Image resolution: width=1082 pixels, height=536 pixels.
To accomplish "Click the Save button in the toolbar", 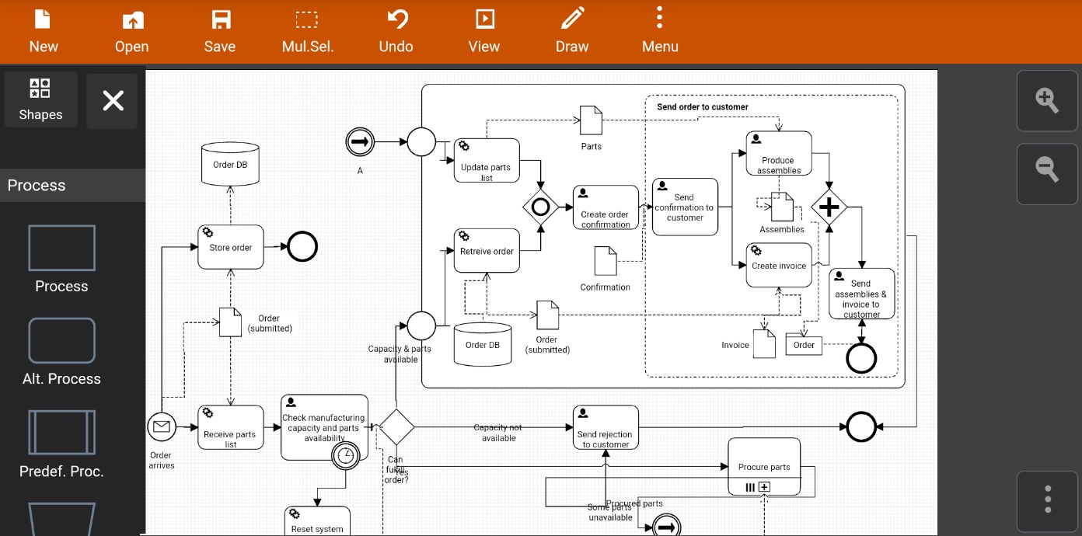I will point(220,31).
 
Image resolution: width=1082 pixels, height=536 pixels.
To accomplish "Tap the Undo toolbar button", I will point(396,31).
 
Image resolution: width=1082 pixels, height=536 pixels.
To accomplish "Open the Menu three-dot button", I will point(660,31).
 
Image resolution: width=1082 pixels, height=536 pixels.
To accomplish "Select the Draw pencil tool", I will point(572,31).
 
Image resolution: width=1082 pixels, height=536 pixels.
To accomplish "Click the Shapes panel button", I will point(40,99).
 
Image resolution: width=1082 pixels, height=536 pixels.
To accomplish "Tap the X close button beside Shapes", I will point(113,101).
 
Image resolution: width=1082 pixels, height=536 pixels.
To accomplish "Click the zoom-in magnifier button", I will point(1047,100).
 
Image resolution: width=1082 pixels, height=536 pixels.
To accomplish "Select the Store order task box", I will point(231,247).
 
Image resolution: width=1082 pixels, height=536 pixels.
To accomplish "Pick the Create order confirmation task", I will point(606,207).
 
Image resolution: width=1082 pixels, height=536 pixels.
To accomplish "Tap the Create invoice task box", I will point(779,265).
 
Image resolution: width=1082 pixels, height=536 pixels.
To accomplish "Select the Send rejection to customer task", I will point(606,427).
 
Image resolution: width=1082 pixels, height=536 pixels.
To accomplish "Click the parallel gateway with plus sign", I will point(829,207).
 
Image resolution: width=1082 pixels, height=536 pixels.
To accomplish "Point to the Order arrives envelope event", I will point(162,426).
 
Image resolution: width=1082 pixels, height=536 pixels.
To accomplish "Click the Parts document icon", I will point(591,120).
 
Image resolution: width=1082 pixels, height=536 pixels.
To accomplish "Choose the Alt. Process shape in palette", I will point(61,341).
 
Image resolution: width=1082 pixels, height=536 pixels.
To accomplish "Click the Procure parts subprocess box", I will point(764,466).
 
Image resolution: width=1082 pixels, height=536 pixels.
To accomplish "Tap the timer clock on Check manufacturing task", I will point(346,455).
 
